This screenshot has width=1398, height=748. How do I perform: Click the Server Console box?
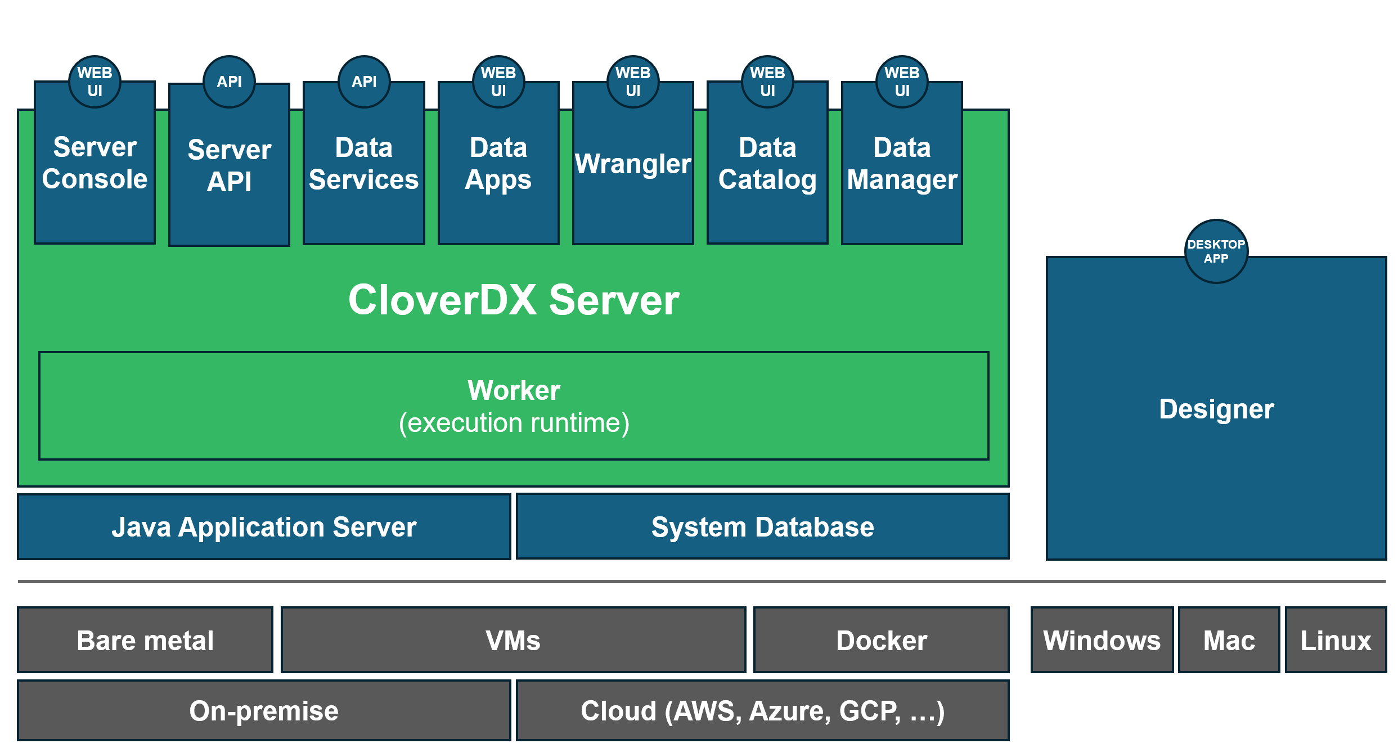[95, 169]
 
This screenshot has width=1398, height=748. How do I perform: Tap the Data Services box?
[363, 169]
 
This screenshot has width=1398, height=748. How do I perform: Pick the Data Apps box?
[498, 169]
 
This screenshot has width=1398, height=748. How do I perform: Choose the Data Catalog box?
[767, 169]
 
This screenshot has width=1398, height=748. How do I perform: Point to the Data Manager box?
[902, 169]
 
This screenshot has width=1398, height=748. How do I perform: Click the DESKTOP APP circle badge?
[1216, 251]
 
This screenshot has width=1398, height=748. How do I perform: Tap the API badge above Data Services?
[364, 82]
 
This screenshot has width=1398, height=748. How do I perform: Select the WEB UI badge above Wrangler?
[633, 82]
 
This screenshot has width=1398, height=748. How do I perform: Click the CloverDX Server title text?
[514, 300]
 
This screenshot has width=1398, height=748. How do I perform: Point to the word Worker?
[514, 390]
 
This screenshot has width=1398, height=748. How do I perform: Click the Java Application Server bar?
[264, 527]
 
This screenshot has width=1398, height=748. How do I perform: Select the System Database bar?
[762, 527]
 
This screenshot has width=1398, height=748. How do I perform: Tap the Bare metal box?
[145, 640]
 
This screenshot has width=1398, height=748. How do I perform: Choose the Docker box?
[882, 640]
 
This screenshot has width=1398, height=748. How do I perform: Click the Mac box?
[1229, 640]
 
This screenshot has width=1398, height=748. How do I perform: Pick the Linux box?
[1336, 640]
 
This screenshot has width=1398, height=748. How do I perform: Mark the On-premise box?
[264, 710]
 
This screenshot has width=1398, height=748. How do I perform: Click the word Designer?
[1216, 409]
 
